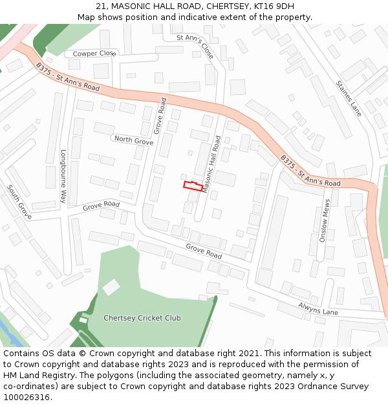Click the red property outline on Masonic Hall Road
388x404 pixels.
(x=193, y=186)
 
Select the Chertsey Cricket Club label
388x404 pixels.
(x=142, y=318)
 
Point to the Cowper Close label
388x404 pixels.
(x=94, y=54)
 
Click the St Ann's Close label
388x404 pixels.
(x=196, y=47)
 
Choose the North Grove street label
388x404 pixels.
(x=133, y=140)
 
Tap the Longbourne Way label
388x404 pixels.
(x=63, y=176)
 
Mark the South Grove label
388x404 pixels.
(x=19, y=201)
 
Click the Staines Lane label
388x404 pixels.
(x=349, y=98)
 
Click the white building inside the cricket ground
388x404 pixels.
(x=111, y=287)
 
